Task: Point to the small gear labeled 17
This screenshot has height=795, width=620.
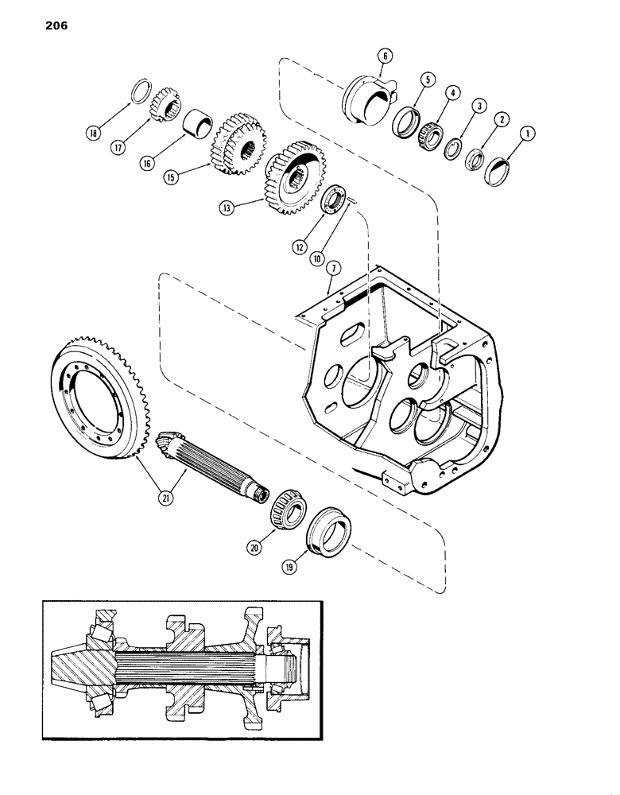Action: [x=166, y=103]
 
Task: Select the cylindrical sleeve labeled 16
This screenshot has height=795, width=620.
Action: [x=198, y=126]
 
